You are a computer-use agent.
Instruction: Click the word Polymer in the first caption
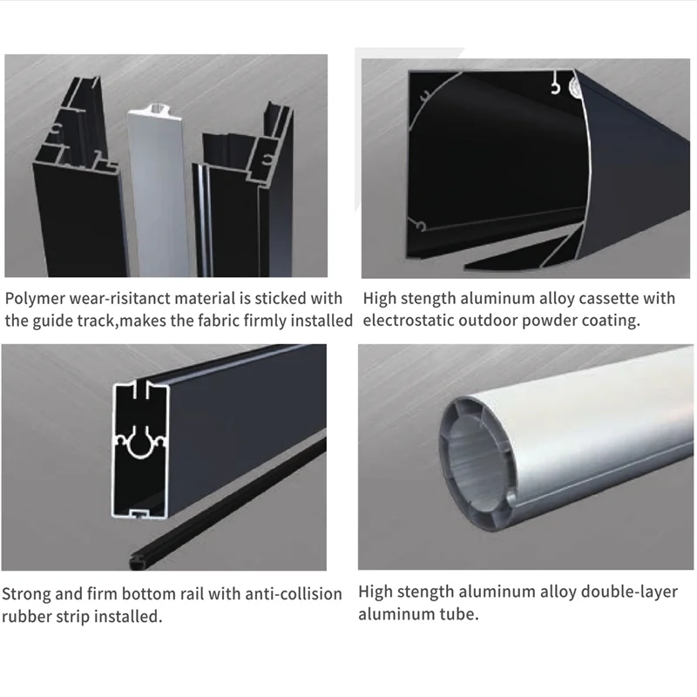coord(35,299)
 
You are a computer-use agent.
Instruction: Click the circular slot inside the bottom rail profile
coord(141,443)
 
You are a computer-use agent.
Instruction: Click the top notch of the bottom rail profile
coord(141,389)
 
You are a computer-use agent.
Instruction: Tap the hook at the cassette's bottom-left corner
coord(420,226)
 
